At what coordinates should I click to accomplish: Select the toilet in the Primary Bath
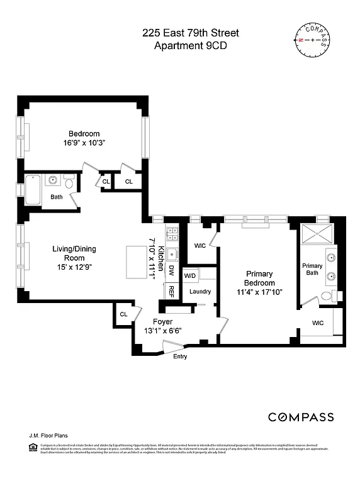point(327,297)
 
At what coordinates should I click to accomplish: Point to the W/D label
point(190,276)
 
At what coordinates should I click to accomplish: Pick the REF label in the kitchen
point(171,291)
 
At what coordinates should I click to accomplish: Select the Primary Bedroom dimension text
point(259,292)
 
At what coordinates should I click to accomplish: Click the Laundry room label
point(200,291)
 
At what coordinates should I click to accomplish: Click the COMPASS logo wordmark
point(301,417)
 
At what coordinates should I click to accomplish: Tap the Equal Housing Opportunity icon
point(33,446)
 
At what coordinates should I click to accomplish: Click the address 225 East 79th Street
point(190,33)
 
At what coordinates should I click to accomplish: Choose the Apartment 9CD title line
point(190,46)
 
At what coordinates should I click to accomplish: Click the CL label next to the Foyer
point(123,314)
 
